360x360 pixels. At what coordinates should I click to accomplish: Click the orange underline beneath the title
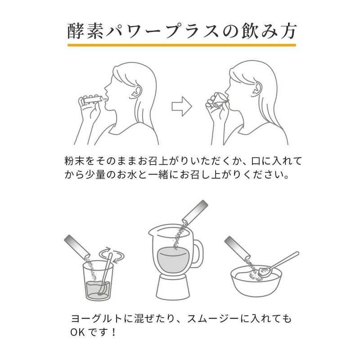coord(180,45)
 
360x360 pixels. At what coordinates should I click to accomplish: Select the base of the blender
coord(174,288)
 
